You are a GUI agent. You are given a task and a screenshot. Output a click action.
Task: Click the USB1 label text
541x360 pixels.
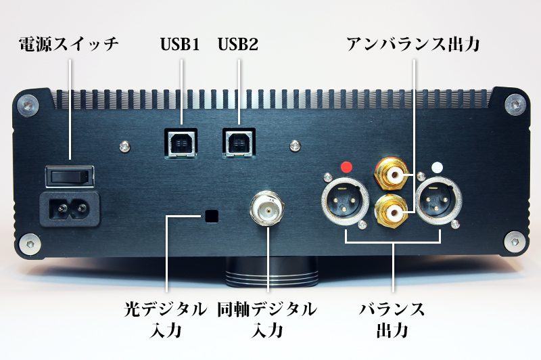click(180, 44)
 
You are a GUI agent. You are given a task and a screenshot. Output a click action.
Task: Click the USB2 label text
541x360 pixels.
click(238, 44)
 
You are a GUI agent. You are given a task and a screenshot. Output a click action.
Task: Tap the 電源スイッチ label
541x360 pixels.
click(69, 44)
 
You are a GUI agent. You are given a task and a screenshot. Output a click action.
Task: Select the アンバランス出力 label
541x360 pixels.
click(413, 44)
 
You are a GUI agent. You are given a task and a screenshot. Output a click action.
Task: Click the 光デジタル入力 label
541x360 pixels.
click(166, 319)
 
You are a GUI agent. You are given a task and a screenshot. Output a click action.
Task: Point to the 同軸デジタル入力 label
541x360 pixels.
click(267, 319)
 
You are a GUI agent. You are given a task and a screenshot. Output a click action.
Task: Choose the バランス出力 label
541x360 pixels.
click(392, 319)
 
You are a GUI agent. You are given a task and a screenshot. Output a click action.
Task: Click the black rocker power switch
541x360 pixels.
click(70, 177)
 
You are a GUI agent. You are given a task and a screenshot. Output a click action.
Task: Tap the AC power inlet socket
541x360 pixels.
click(70, 208)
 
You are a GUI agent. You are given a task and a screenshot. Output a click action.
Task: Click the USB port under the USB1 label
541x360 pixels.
click(181, 143)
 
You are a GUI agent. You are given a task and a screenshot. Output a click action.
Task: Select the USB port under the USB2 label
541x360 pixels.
click(239, 143)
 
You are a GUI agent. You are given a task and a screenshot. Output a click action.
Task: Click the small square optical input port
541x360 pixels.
click(212, 216)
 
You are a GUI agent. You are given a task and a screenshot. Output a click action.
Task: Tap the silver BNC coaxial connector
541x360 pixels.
click(267, 208)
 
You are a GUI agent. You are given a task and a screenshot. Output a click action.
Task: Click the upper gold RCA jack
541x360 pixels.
click(393, 174)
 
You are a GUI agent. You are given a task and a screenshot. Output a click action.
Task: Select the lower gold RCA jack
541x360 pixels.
click(392, 211)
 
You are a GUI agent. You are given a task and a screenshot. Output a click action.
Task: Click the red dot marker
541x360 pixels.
click(346, 167)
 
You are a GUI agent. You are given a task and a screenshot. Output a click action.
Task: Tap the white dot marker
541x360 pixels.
click(437, 167)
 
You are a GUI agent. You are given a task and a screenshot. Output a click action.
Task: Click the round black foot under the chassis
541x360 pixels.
click(272, 273)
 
